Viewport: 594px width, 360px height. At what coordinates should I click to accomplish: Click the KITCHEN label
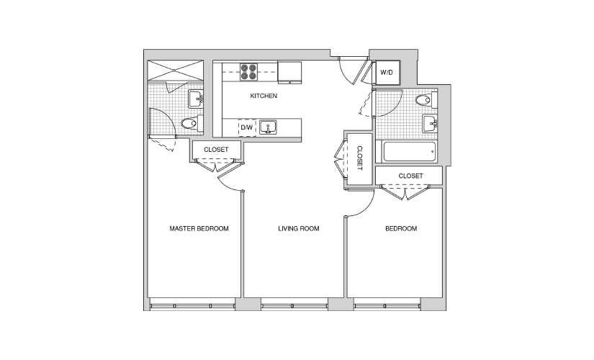pyautogui.click(x=264, y=96)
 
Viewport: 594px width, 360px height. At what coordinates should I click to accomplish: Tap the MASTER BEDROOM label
pyautogui.click(x=199, y=228)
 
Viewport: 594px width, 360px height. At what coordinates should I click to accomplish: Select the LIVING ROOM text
pyautogui.click(x=299, y=228)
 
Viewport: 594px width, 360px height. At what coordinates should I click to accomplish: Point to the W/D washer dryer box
pyautogui.click(x=387, y=72)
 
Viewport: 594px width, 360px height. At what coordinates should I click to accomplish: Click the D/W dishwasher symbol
pyautogui.click(x=247, y=127)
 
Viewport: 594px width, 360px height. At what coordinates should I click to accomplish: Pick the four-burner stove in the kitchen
pyautogui.click(x=248, y=72)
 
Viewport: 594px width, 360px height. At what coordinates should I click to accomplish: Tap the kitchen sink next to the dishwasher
pyautogui.click(x=268, y=127)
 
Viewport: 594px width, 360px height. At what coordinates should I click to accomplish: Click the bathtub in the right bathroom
pyautogui.click(x=410, y=152)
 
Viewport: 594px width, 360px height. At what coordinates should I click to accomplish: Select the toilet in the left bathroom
pyautogui.click(x=190, y=123)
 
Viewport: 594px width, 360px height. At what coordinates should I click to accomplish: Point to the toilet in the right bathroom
pyautogui.click(x=425, y=100)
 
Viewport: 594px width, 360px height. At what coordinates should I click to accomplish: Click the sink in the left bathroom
pyautogui.click(x=196, y=99)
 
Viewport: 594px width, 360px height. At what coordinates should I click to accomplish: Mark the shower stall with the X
pyautogui.click(x=176, y=70)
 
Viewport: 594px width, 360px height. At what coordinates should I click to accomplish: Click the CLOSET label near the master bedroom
pyautogui.click(x=216, y=150)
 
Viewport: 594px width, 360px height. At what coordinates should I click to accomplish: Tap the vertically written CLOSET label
pyautogui.click(x=359, y=158)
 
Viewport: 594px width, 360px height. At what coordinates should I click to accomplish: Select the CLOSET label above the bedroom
pyautogui.click(x=410, y=176)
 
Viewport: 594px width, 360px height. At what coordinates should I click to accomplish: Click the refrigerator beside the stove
pyautogui.click(x=290, y=72)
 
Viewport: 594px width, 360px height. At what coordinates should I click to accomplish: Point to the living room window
pyautogui.click(x=294, y=305)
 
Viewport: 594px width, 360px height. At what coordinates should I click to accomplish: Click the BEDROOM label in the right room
pyautogui.click(x=401, y=228)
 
